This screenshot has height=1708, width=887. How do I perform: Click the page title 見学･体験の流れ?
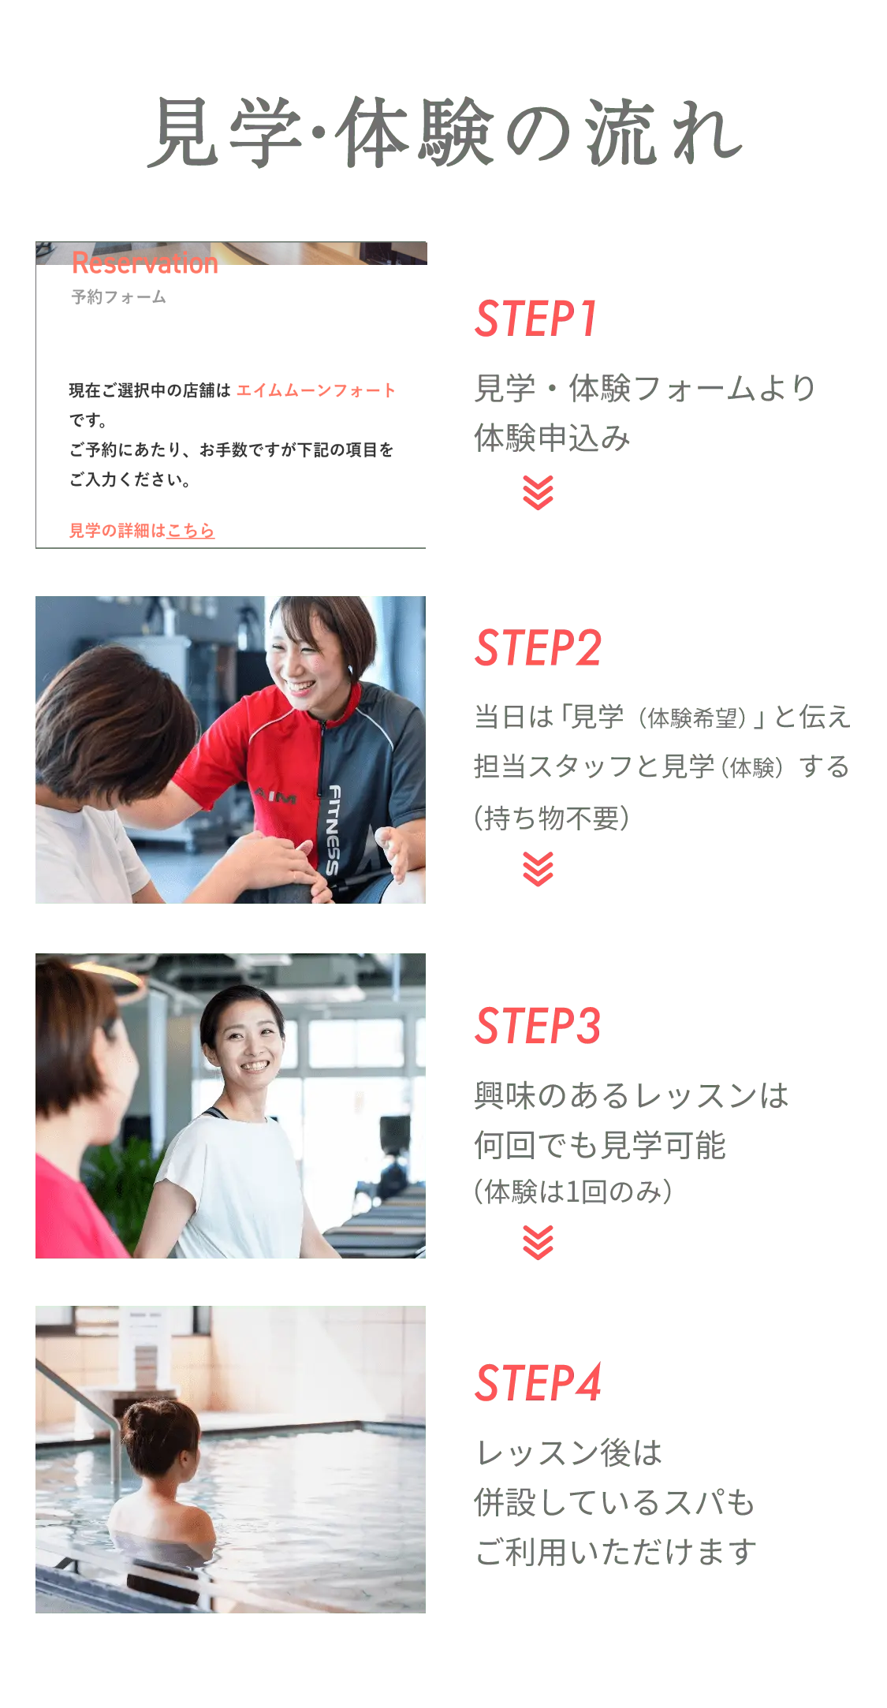445,132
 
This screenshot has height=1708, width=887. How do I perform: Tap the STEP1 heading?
536,319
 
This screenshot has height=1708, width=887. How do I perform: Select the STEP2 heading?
539,647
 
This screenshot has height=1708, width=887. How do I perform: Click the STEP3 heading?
539,1026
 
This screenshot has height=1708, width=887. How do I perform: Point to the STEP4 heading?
539,1382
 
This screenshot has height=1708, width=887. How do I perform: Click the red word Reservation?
145,263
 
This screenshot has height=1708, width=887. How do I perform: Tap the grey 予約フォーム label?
119,297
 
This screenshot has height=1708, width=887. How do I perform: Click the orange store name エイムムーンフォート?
316,390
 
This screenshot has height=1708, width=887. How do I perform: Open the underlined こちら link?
191,531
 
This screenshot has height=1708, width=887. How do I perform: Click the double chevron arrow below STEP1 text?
539,493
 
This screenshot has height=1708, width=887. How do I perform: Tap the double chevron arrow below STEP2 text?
539,869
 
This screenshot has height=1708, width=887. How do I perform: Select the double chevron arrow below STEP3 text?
539,1243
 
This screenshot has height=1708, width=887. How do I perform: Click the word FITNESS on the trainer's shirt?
334,830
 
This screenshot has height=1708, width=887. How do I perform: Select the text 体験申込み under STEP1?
553,438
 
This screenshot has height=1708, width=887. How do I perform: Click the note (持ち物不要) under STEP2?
552,818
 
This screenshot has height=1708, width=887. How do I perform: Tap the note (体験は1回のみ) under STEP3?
573,1191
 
